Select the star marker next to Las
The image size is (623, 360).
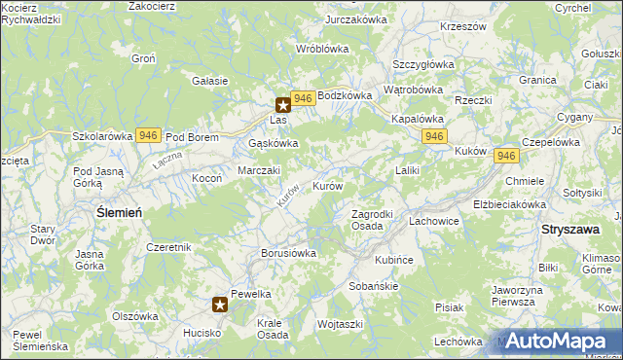283,104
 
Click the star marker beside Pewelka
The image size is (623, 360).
220,305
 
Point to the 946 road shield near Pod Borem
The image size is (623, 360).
148,135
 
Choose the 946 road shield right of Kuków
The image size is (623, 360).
505,156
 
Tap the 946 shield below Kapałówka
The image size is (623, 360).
434,136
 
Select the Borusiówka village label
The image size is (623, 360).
289,253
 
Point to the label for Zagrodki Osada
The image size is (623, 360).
371,220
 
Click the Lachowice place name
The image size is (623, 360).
433,221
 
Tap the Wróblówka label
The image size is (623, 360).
322,48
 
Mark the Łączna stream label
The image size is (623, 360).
168,159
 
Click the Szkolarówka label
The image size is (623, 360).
102,137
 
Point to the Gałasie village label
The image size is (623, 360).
210,81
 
